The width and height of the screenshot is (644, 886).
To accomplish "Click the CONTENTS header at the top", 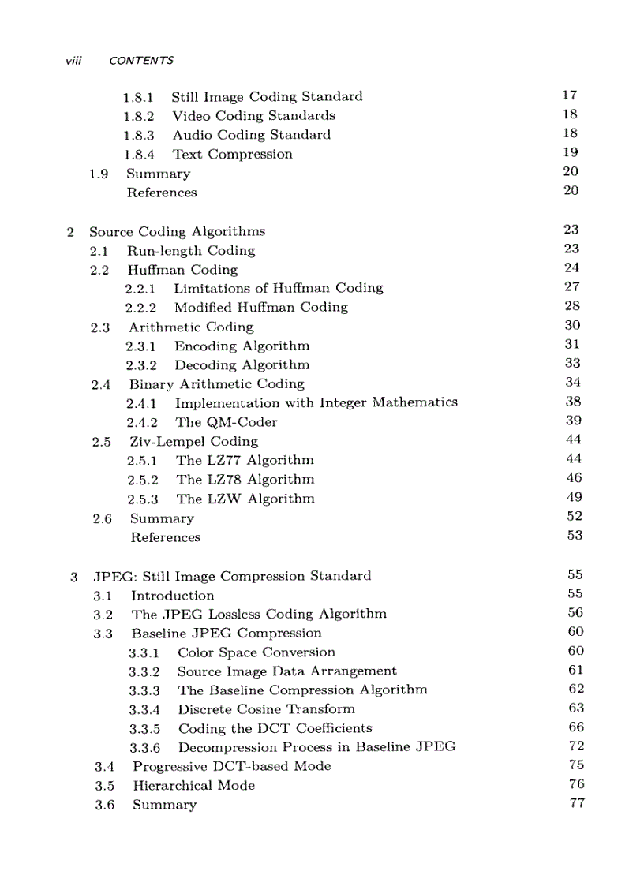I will point(141,61).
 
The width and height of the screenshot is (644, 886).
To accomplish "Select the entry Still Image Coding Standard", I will point(267,97).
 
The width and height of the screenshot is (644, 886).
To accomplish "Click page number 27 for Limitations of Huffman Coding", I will point(572,287).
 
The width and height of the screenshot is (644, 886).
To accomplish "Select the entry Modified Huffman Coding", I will point(260,308).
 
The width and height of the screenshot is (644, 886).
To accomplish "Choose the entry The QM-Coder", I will point(227,422).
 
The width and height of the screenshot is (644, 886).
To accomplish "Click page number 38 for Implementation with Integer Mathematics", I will point(573,402).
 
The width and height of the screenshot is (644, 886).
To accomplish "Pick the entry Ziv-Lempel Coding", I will point(193,442).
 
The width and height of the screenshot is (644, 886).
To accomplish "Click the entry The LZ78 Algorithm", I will point(245,480).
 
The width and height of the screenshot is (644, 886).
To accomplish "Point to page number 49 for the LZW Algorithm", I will point(574,497).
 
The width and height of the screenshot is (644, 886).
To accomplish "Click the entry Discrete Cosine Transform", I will point(266,709).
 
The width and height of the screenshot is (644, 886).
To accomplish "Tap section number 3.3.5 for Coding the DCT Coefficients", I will point(144,728).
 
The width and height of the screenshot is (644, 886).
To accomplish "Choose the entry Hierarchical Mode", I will point(193,786).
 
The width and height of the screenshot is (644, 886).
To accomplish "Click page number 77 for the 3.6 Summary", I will point(576,803).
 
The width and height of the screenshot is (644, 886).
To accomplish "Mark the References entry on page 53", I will point(165,537).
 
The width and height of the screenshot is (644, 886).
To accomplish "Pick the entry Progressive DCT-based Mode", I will point(231,767).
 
